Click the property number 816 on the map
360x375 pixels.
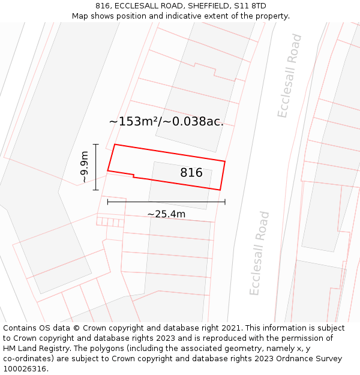pos(191,173)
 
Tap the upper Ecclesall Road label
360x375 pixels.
pos(290,76)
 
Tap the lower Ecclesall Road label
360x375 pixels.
pos(260,253)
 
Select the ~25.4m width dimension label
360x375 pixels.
pos(166,214)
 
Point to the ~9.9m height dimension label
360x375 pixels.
pos(84,167)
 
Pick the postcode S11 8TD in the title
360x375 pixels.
pos(248,6)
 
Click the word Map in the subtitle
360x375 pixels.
pos(80,16)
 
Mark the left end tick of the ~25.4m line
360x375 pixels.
pos(108,202)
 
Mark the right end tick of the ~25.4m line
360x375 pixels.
pos(225,202)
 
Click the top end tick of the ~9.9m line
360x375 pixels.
pos(95,145)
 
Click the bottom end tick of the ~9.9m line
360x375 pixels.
pos(95,190)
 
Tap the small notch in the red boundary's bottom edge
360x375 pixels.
pos(133,176)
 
